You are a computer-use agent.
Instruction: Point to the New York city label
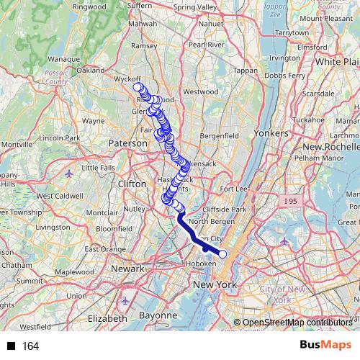tap(215, 286)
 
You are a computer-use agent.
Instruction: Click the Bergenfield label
tap(219, 135)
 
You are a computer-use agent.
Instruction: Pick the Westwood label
tap(200, 92)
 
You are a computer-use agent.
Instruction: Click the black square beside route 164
tap(12, 346)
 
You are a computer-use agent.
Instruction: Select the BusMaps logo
tap(325, 346)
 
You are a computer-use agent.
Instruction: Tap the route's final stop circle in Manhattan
tap(222, 253)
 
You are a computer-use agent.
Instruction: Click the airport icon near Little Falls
tap(68, 174)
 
